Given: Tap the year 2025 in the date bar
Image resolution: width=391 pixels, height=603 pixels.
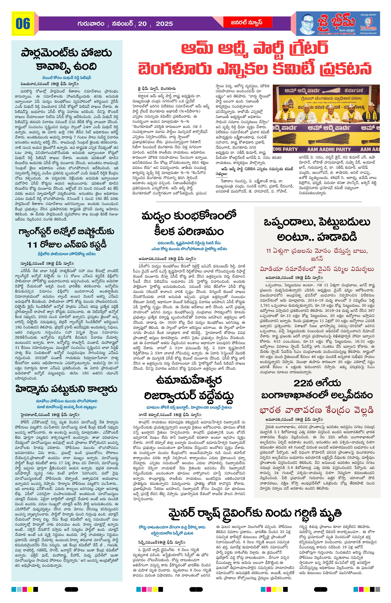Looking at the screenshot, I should coord(164,24).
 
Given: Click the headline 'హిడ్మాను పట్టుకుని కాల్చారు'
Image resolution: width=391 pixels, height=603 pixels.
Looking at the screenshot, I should coord(67,389).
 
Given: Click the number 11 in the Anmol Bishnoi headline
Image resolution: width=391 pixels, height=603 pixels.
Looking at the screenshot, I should coord(32,245).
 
